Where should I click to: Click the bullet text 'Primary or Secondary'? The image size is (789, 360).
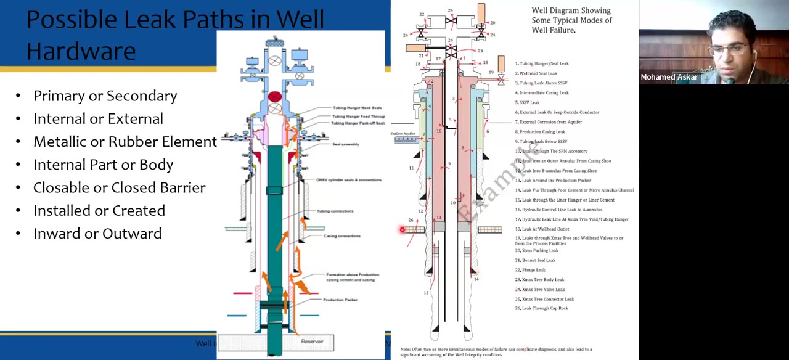coord(105,96)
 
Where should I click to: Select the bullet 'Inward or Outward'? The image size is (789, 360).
coord(97,234)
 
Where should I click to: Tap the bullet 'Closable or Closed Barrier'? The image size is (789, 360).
coord(119,187)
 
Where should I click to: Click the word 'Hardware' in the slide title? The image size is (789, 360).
coord(81,51)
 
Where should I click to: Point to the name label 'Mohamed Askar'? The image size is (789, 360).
coord(669,77)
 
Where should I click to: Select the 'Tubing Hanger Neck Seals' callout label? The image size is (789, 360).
coord(357,108)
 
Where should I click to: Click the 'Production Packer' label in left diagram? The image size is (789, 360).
coord(340,300)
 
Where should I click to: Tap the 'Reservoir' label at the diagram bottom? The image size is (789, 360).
coord(312,341)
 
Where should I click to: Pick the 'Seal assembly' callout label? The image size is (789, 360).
coord(346,144)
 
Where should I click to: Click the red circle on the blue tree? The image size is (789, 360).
coord(275,97)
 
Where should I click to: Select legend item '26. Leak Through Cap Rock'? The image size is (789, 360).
coord(542,308)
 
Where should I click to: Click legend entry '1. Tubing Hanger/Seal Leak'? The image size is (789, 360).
coord(542,63)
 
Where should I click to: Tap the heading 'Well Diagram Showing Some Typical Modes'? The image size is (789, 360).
coord(571,20)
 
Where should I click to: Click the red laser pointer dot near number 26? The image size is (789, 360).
coord(402,230)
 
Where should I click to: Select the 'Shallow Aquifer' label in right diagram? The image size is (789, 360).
coord(403,133)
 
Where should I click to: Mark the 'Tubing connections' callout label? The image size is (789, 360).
coord(335,211)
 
